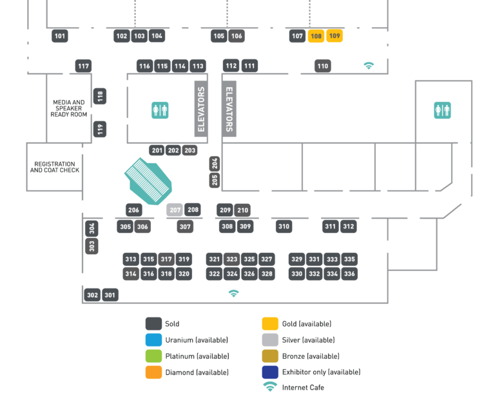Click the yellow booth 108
coord(316,36)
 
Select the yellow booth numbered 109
coord(335,36)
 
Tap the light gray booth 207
coord(175,210)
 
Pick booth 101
coord(60,36)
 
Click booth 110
coord(323,66)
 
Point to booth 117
coord(83,66)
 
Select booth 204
coord(215,163)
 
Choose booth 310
coord(284,226)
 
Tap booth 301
coord(110,295)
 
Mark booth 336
coord(349,274)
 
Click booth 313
coord(131,259)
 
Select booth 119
coord(100,129)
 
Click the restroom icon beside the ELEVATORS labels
coord(160,110)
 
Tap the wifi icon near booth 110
coord(369,66)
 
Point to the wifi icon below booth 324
coord(233,294)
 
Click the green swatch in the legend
coord(153,355)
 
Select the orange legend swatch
coord(153,372)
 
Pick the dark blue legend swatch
coord(270,372)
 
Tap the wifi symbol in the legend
coord(270,387)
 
